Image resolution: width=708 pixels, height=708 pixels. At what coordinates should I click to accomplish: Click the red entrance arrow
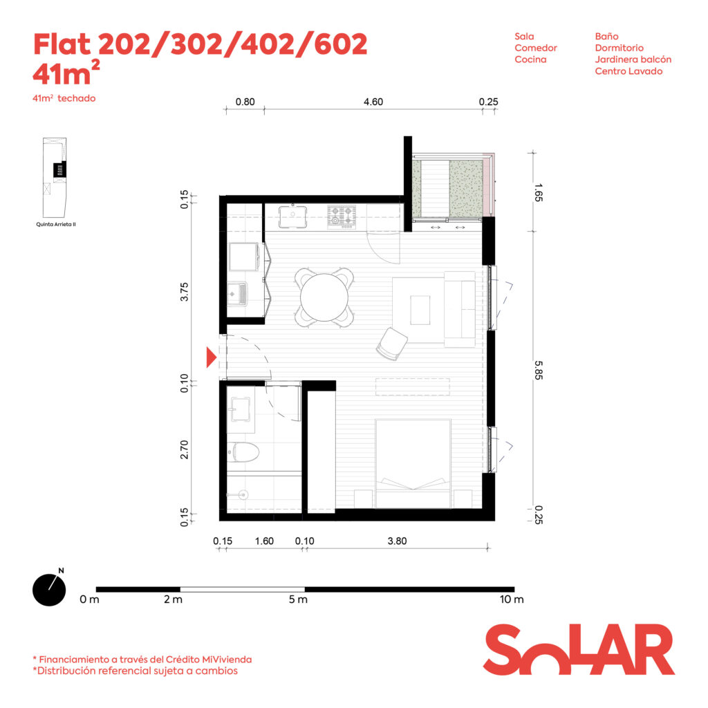point(212,357)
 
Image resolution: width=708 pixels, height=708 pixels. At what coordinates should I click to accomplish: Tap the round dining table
point(324,297)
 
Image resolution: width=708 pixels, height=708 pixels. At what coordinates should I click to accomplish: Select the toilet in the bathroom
point(243,452)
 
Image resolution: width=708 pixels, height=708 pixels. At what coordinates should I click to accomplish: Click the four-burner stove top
point(342,216)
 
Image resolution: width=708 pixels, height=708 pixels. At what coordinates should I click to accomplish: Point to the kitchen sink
point(293,216)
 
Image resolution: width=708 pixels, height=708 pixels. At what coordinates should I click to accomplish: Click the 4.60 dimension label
point(373,102)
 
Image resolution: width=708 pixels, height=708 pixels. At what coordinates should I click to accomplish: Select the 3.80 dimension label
point(398,541)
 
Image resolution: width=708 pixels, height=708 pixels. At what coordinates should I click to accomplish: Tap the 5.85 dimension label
point(538,370)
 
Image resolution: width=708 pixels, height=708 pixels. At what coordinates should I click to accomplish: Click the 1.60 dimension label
point(264,541)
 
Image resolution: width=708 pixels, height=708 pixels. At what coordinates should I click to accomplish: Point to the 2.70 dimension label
point(184,449)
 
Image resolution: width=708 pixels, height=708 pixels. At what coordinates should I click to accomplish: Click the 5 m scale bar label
point(298,599)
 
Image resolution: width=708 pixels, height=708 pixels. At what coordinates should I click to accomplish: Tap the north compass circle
point(49,590)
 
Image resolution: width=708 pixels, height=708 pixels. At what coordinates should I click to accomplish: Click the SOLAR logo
point(579,649)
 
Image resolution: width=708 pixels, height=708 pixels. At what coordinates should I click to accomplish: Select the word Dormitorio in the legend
point(619,48)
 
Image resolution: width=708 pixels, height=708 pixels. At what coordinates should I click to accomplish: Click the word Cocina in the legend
point(530,59)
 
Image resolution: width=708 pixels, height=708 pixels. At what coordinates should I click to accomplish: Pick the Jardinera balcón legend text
point(633,59)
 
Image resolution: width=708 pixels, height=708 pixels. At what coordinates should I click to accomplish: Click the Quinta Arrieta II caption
point(56,225)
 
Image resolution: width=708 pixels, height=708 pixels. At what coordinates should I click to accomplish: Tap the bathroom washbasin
point(240,409)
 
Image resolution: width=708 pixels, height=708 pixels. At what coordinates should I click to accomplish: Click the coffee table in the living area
point(420,310)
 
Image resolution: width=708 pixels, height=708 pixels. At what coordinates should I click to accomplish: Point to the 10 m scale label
point(512,599)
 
